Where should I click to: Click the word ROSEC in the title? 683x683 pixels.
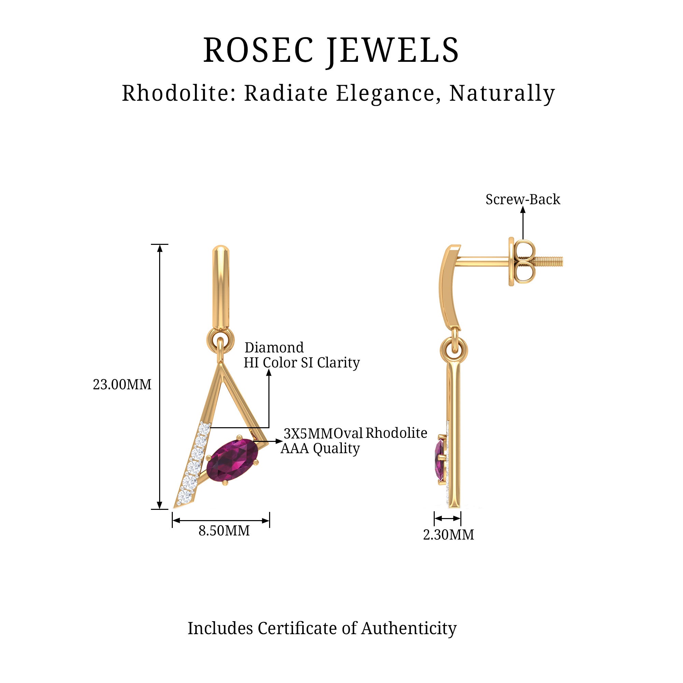[259, 50]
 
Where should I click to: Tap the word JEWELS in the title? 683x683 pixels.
[392, 50]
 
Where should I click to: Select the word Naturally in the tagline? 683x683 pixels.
[502, 93]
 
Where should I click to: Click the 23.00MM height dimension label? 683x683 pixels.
[122, 384]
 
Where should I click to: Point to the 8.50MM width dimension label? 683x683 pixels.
[224, 531]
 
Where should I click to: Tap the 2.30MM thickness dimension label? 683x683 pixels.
[449, 534]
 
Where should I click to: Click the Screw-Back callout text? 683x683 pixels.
[522, 199]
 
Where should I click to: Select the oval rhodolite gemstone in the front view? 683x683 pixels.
[232, 459]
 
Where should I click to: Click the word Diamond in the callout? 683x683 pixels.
[274, 348]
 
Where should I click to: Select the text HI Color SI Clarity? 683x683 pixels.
[302, 363]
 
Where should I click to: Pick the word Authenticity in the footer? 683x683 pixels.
[409, 628]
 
